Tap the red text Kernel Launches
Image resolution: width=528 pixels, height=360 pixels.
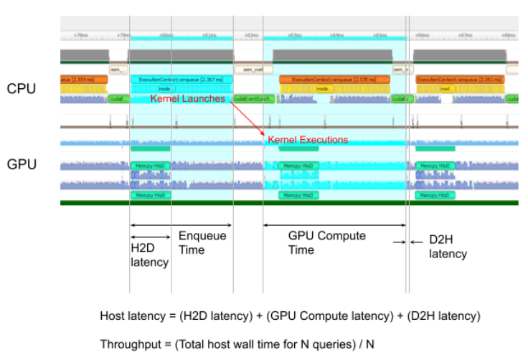(187, 98)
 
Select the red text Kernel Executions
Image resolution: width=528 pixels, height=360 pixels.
(308, 139)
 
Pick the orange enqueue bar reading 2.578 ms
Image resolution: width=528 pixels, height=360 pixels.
(335, 80)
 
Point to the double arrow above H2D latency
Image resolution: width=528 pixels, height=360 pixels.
(150, 237)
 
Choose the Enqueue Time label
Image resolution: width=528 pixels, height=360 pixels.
(202, 242)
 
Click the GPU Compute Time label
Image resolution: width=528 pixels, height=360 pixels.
(326, 242)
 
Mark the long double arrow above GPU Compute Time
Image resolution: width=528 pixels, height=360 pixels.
(335, 225)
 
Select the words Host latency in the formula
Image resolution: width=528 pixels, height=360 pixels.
(130, 316)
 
